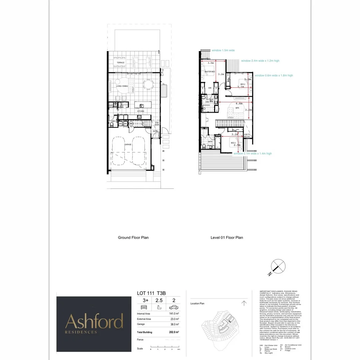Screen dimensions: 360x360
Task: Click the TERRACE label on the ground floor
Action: coord(120,63)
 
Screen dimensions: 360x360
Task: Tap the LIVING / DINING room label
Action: coord(122,86)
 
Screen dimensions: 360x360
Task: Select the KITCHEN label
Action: coord(140,111)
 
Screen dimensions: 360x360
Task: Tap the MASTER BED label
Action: coord(209,72)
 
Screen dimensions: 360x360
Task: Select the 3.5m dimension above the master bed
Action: coord(210,63)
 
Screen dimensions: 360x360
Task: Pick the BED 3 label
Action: coord(233,143)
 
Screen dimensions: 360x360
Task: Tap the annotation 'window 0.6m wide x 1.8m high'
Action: coord(274,76)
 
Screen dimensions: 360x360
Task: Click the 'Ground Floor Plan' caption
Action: coord(133,238)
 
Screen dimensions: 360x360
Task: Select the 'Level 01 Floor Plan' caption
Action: coord(227,238)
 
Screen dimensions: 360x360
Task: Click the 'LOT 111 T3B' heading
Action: coord(151,293)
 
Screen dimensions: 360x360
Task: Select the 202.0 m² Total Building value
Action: coord(173,332)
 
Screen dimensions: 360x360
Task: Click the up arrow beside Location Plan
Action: coord(244,303)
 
